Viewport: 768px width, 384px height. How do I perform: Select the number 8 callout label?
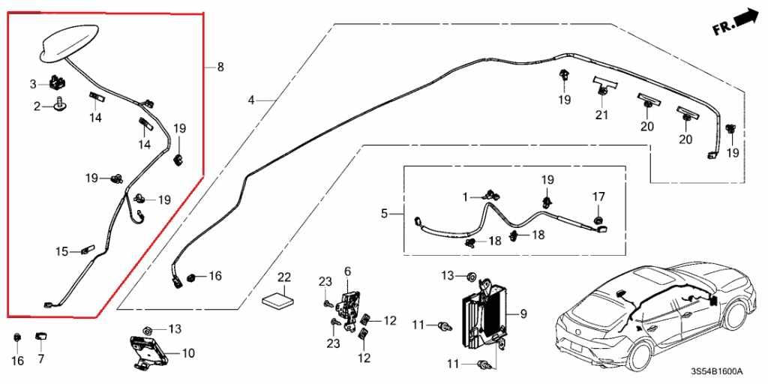(220, 67)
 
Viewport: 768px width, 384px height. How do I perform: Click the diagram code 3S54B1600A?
(717, 371)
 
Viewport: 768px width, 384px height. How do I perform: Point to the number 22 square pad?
(279, 298)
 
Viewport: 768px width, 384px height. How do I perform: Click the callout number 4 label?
(251, 100)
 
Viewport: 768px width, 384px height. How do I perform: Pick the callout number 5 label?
(385, 214)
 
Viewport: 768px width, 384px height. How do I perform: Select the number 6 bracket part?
(349, 307)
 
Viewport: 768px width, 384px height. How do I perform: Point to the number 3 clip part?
(58, 81)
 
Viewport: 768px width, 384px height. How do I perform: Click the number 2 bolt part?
(61, 103)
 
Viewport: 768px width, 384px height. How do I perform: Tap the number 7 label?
(40, 359)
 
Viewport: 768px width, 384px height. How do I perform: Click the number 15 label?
(61, 252)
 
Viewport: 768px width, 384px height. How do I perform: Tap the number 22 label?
(284, 277)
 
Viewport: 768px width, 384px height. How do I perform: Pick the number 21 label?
(601, 115)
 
